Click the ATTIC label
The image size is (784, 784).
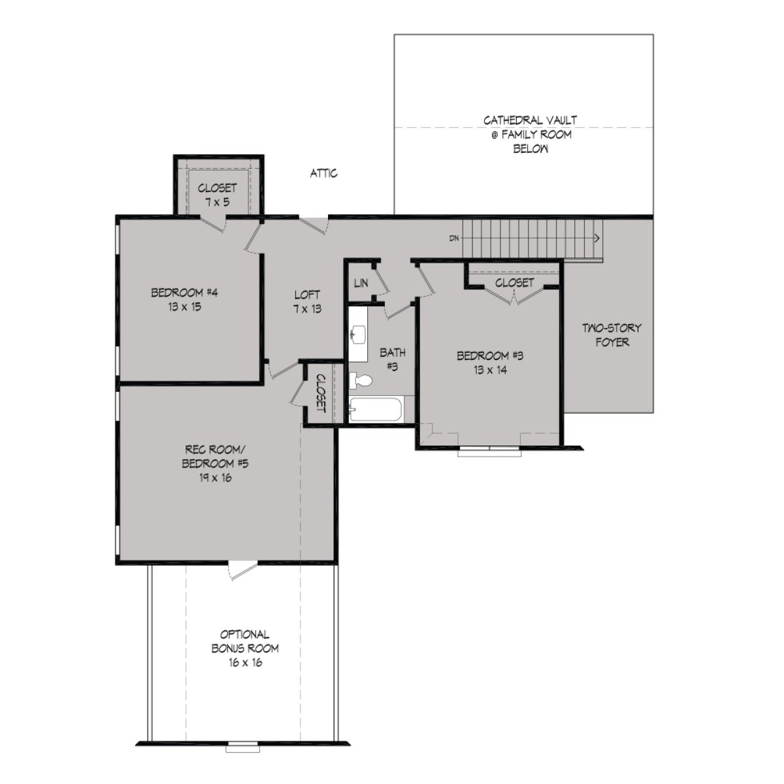[x=323, y=174]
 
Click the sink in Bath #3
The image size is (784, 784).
[x=357, y=336]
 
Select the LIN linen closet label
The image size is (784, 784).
[x=360, y=283]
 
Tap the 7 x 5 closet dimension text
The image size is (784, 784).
[x=217, y=202]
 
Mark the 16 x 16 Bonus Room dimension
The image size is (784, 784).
[x=244, y=662]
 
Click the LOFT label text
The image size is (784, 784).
[x=306, y=295]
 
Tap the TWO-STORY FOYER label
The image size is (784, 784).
[x=612, y=335]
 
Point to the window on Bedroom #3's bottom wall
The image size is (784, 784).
[x=490, y=450]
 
